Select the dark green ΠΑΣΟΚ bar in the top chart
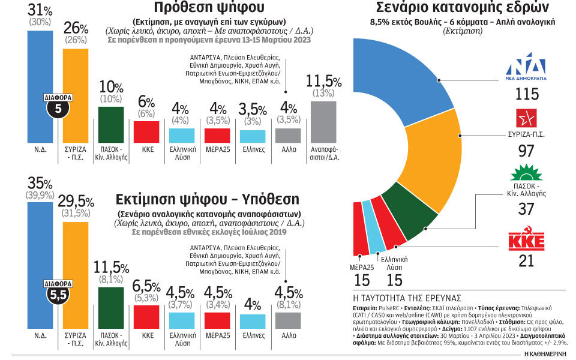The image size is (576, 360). [x=110, y=124]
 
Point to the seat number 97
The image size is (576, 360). [x=526, y=151]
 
